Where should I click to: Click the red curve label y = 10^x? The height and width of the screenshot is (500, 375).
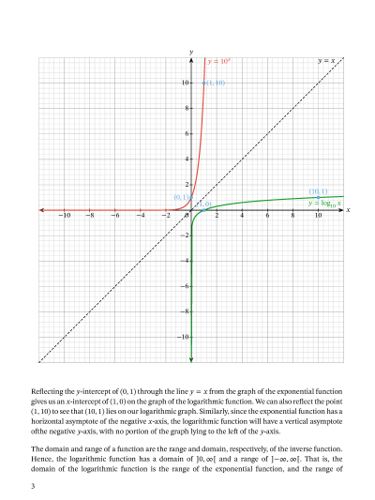(x=218, y=61)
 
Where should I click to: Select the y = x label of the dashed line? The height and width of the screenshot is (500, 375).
(x=326, y=61)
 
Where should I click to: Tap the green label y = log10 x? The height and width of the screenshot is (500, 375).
(x=324, y=202)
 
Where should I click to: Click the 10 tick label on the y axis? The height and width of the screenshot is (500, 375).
(x=185, y=83)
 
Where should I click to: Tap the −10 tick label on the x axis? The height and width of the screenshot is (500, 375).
(x=64, y=217)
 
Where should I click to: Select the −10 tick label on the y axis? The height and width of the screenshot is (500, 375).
(x=183, y=336)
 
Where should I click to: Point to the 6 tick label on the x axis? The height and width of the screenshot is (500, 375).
(x=267, y=217)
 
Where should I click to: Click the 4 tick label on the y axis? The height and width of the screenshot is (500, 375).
(x=187, y=159)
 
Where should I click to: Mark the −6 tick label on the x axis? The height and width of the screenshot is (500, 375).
(x=114, y=217)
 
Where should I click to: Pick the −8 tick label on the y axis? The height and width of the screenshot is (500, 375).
(x=184, y=311)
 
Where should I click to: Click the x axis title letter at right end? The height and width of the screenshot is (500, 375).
(x=348, y=210)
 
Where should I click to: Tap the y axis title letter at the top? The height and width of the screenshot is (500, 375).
(x=190, y=51)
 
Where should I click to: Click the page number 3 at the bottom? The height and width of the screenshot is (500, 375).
(x=33, y=486)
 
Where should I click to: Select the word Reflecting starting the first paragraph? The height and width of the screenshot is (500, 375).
(x=49, y=389)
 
